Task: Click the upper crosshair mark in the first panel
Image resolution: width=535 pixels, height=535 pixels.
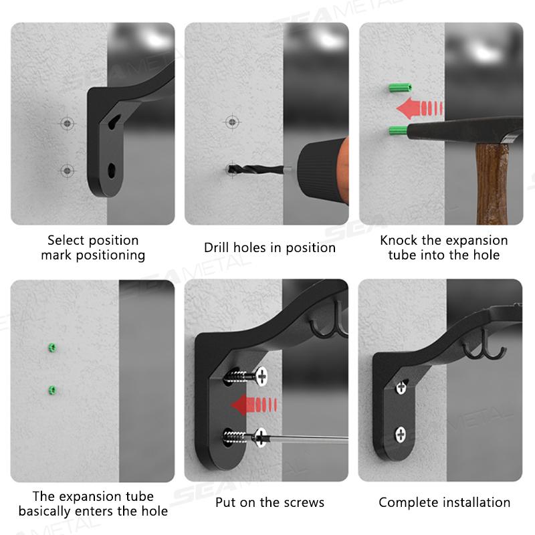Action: [x=68, y=123]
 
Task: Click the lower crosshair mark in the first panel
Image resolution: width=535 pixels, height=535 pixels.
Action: [x=68, y=171]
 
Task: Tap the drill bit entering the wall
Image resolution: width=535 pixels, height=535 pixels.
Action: [x=256, y=169]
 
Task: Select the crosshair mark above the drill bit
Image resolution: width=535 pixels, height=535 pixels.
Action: [x=232, y=122]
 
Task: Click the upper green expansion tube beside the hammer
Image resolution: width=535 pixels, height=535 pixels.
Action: [x=400, y=88]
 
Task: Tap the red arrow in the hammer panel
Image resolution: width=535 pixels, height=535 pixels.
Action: [x=420, y=108]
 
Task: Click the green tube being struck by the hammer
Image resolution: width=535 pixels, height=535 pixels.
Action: [x=398, y=130]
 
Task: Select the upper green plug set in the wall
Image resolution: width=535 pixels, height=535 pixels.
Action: [x=52, y=348]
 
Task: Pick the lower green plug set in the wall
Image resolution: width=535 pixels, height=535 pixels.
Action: [x=52, y=390]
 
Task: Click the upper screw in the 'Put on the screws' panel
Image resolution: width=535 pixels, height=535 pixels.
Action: [x=246, y=377]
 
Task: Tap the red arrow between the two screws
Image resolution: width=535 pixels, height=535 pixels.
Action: [x=253, y=405]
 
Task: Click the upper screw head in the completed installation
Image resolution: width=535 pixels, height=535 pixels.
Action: [x=401, y=387]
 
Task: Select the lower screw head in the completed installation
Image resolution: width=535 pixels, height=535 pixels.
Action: [x=401, y=434]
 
